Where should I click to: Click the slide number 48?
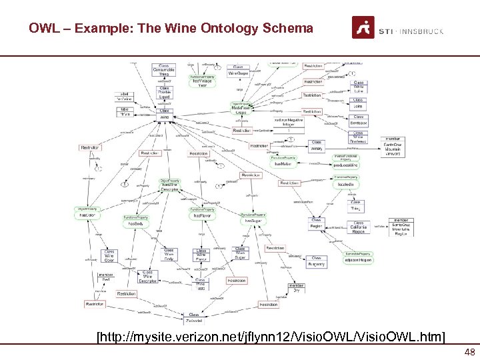point(469,353)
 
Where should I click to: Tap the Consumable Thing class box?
point(164,70)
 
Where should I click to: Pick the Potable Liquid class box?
point(164,92)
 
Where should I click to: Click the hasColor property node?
point(87,213)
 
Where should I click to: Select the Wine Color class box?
point(109,256)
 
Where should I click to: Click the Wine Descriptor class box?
point(148,276)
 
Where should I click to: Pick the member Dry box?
point(296,288)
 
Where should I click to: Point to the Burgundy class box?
point(317,261)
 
